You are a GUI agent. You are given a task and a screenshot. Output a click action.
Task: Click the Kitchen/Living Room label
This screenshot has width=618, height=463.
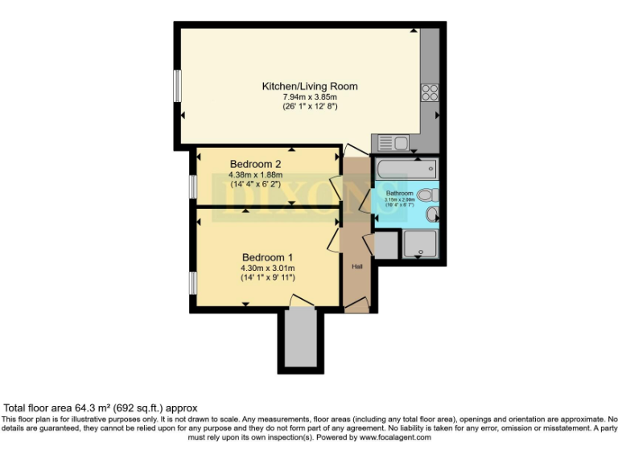point(309,86)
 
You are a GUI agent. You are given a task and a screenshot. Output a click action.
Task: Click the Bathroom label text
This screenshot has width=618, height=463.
point(399,194)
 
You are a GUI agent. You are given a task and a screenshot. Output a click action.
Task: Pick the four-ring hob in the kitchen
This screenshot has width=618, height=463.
point(428,92)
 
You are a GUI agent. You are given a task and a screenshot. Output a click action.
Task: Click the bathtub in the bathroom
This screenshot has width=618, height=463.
point(406,169)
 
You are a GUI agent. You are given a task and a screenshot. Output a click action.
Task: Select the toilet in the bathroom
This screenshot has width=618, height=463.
point(428,194)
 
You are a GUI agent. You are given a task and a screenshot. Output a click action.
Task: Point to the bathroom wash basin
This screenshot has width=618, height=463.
point(432,214)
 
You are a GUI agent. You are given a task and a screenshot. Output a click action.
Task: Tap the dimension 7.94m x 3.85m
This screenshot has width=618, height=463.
point(309,96)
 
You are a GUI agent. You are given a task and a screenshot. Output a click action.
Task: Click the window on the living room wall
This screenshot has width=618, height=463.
point(177,87)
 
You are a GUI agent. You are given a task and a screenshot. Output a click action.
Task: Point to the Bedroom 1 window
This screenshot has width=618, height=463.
point(193,282)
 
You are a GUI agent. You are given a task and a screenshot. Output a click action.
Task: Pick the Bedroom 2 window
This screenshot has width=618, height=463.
point(193,186)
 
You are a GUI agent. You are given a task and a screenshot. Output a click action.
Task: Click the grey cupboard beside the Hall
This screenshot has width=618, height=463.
point(385,245)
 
